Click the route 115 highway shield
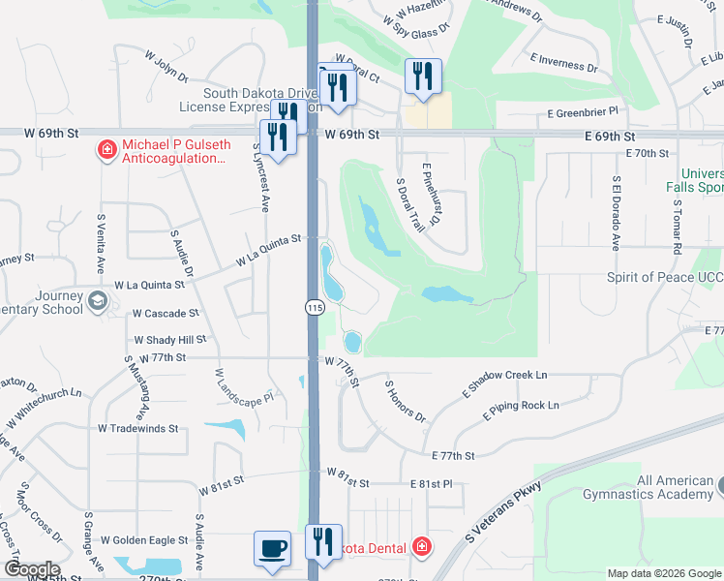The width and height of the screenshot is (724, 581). coord(314,307)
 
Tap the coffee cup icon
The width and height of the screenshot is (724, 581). coord(272,548)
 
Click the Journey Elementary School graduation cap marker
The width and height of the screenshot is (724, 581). coord(97,300)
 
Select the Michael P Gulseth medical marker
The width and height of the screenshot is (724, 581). coord(106,150)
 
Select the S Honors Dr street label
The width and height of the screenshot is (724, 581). coord(406,401)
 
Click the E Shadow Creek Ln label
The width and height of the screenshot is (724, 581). coord(504,381)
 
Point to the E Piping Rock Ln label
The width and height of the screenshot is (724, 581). coord(522,409)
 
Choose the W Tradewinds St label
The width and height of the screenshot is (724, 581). coord(138,427)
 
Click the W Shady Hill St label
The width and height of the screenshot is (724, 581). coord(170,340)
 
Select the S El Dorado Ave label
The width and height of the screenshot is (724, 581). coord(616,213)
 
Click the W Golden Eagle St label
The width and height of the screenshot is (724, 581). coord(144,539)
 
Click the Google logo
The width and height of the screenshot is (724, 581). coord(31,569)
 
